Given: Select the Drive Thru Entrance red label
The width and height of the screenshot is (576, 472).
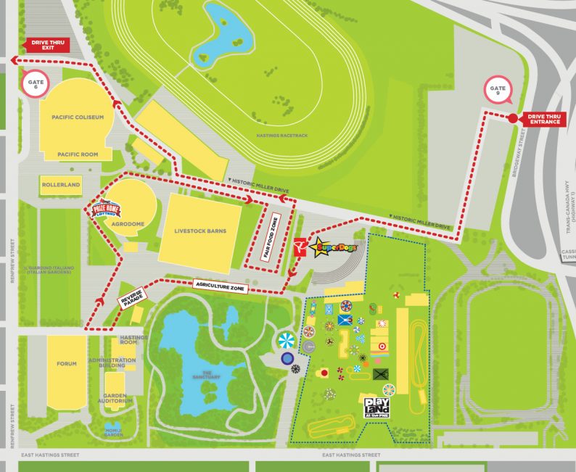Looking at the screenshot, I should pyautogui.click(x=544, y=119).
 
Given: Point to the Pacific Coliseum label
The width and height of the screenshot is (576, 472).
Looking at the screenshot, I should pyautogui.click(x=78, y=117).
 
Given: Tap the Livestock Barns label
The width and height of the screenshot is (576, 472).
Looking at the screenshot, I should pyautogui.click(x=200, y=231).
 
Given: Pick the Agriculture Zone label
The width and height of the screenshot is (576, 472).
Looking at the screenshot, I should pyautogui.click(x=221, y=288).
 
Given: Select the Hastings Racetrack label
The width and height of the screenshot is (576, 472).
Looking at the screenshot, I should pyautogui.click(x=282, y=136).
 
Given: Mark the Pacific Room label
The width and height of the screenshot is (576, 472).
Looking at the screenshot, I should pyautogui.click(x=78, y=154).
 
